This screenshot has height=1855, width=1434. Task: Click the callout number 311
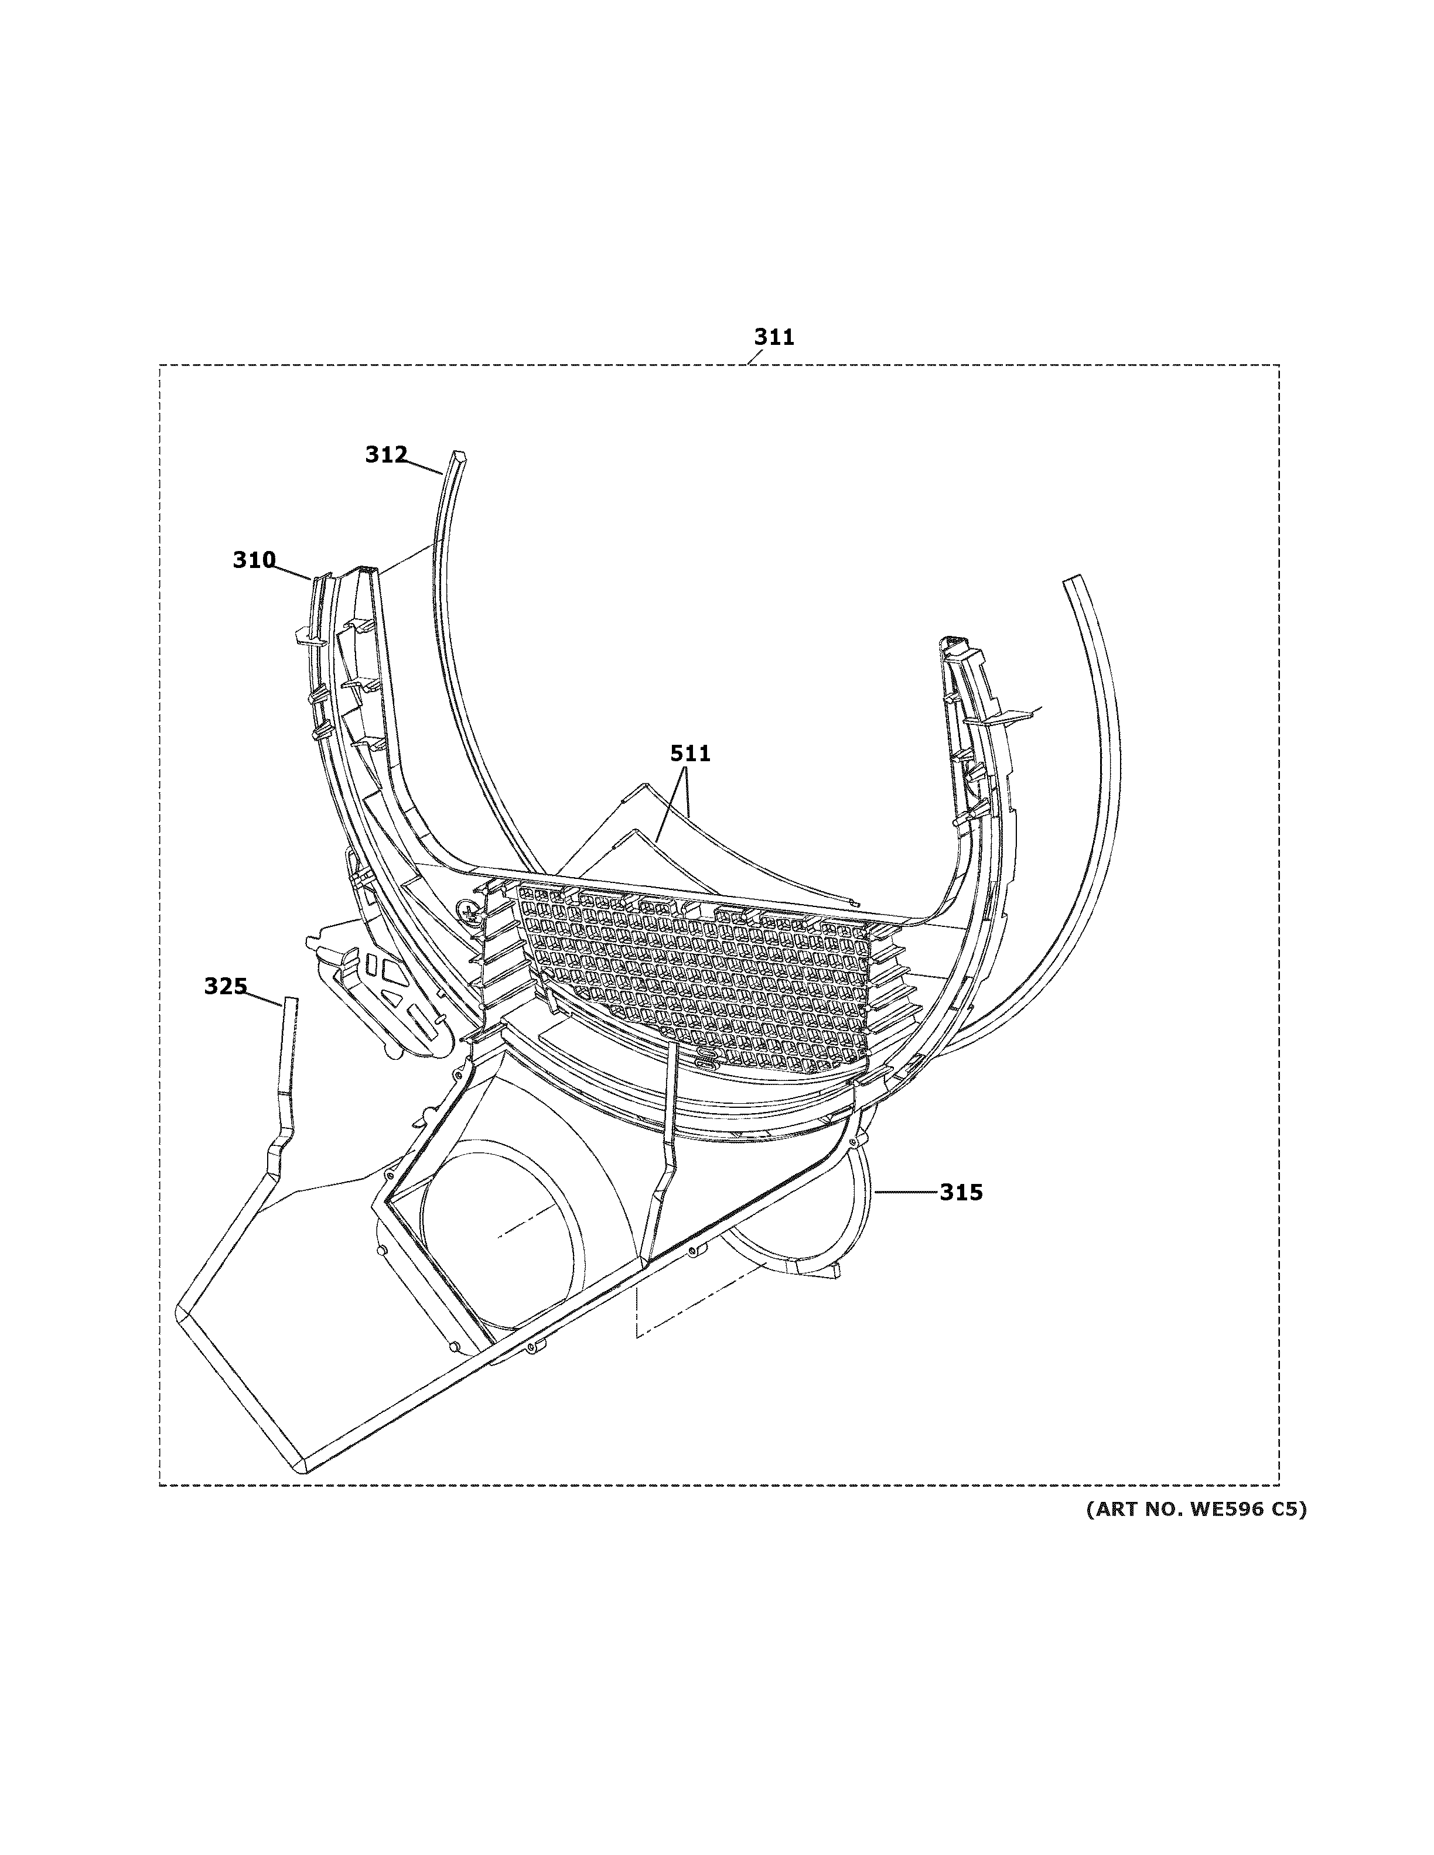click(774, 338)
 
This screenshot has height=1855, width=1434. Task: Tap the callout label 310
click(254, 560)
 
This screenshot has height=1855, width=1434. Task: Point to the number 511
click(690, 754)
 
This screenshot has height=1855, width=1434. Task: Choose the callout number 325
click(225, 986)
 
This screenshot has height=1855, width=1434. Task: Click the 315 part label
click(961, 1193)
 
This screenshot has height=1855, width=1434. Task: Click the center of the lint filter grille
click(692, 977)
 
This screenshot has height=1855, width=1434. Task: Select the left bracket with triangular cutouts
click(391, 985)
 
